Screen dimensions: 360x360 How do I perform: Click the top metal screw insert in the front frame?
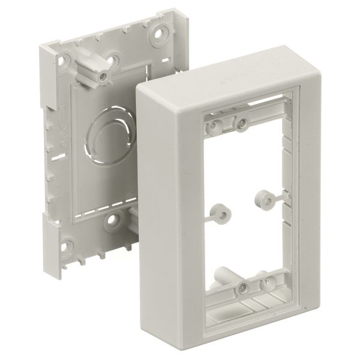point(242,124)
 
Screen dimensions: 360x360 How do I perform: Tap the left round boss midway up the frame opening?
point(221,211)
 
